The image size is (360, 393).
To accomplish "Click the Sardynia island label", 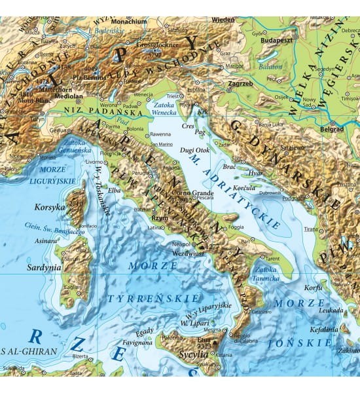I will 43,267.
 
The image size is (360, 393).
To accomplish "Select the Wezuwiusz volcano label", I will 190,252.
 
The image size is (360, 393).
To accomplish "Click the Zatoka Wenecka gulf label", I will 166,107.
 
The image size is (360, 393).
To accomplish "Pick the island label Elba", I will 115,191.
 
